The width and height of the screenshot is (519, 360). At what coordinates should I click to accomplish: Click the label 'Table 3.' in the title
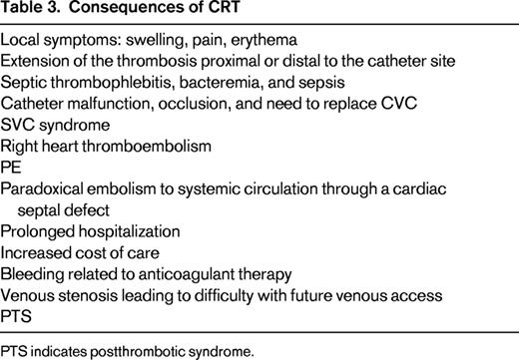[x=31, y=14]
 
